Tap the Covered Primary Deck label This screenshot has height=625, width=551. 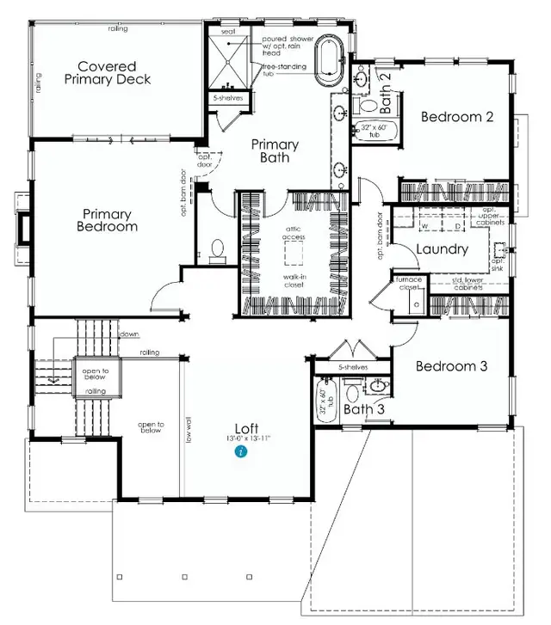click(x=108, y=72)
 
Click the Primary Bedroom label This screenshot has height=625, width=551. click(x=109, y=220)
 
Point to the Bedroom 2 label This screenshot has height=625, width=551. click(x=456, y=117)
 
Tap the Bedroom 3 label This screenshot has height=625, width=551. click(x=452, y=366)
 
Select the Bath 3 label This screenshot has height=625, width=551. click(x=365, y=408)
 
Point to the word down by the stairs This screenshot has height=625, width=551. click(x=129, y=334)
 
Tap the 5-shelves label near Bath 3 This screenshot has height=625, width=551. click(x=353, y=367)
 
